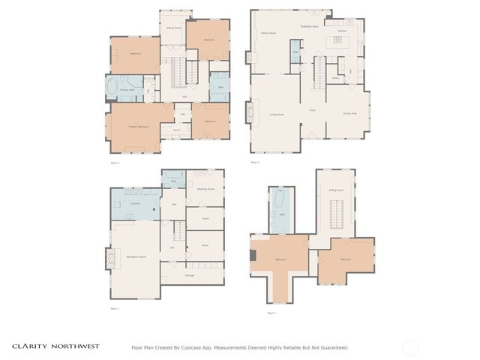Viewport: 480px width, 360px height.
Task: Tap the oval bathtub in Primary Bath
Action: [x=113, y=89]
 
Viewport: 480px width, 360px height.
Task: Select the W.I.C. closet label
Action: [x=176, y=130]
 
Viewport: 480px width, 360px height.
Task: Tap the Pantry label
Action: [x=335, y=78]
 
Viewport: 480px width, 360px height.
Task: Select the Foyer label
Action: [x=312, y=110]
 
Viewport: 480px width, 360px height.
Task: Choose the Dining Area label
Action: [x=349, y=113]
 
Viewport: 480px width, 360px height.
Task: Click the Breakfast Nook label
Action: [x=310, y=25]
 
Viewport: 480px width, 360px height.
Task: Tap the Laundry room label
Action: [x=136, y=203]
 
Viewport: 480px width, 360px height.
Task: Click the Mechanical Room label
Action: [x=205, y=189]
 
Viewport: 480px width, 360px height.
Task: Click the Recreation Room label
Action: [x=136, y=256]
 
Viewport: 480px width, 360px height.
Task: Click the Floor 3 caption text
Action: [x=115, y=163]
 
